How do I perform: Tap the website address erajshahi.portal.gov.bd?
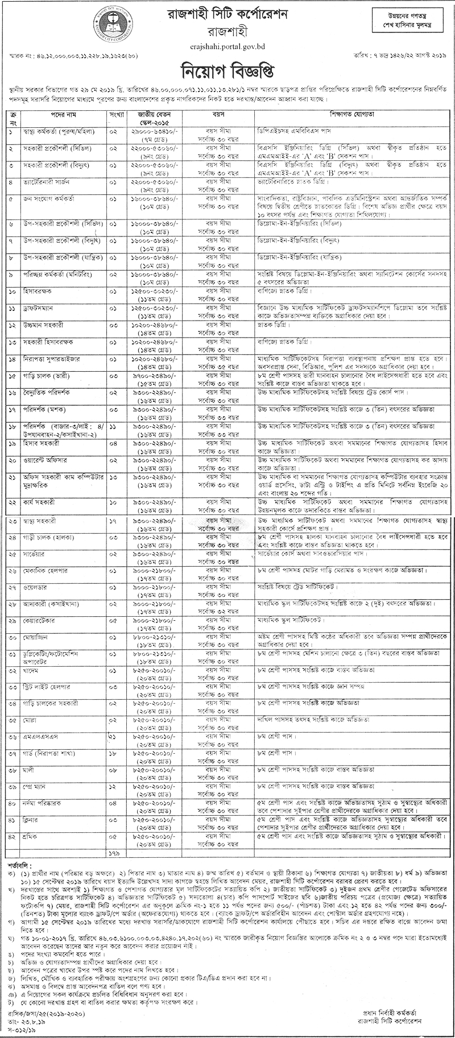point(227,43)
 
